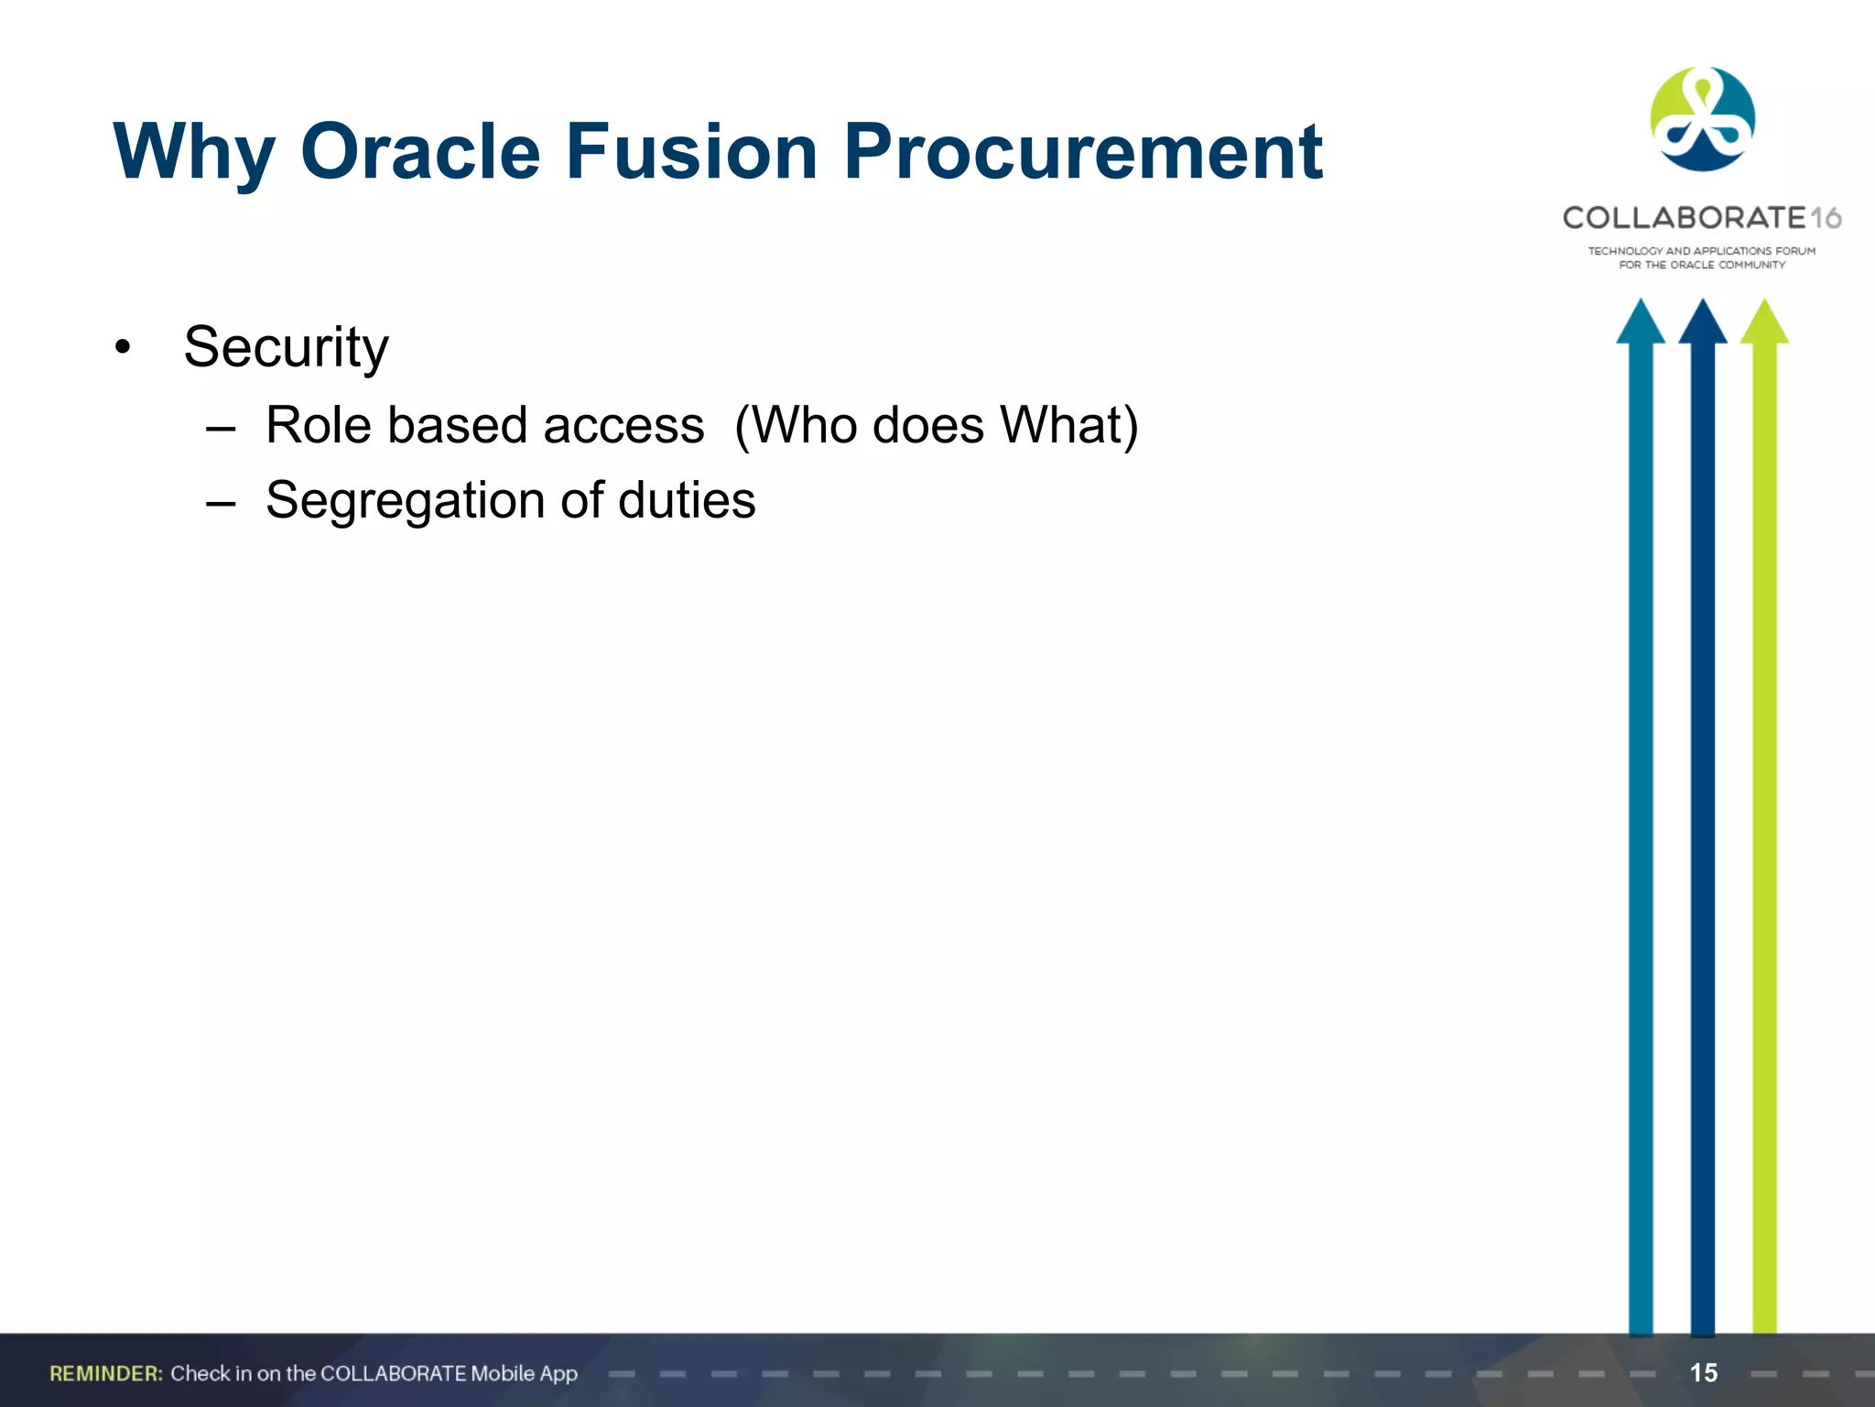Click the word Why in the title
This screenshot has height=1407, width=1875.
click(194, 152)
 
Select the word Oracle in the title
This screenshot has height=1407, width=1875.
click(420, 152)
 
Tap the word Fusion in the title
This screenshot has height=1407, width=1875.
click(691, 152)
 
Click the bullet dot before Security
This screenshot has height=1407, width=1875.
click(123, 348)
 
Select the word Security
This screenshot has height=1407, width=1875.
click(286, 348)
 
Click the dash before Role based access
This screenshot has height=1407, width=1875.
click(221, 428)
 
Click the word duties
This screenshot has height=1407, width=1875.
click(687, 501)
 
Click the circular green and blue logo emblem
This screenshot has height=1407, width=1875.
click(1702, 119)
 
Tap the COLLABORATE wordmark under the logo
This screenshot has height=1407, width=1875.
click(1684, 218)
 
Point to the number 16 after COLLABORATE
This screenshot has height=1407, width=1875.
click(1826, 218)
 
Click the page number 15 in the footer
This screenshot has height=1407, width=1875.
click(1703, 1373)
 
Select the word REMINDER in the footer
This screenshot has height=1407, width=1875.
click(105, 1373)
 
